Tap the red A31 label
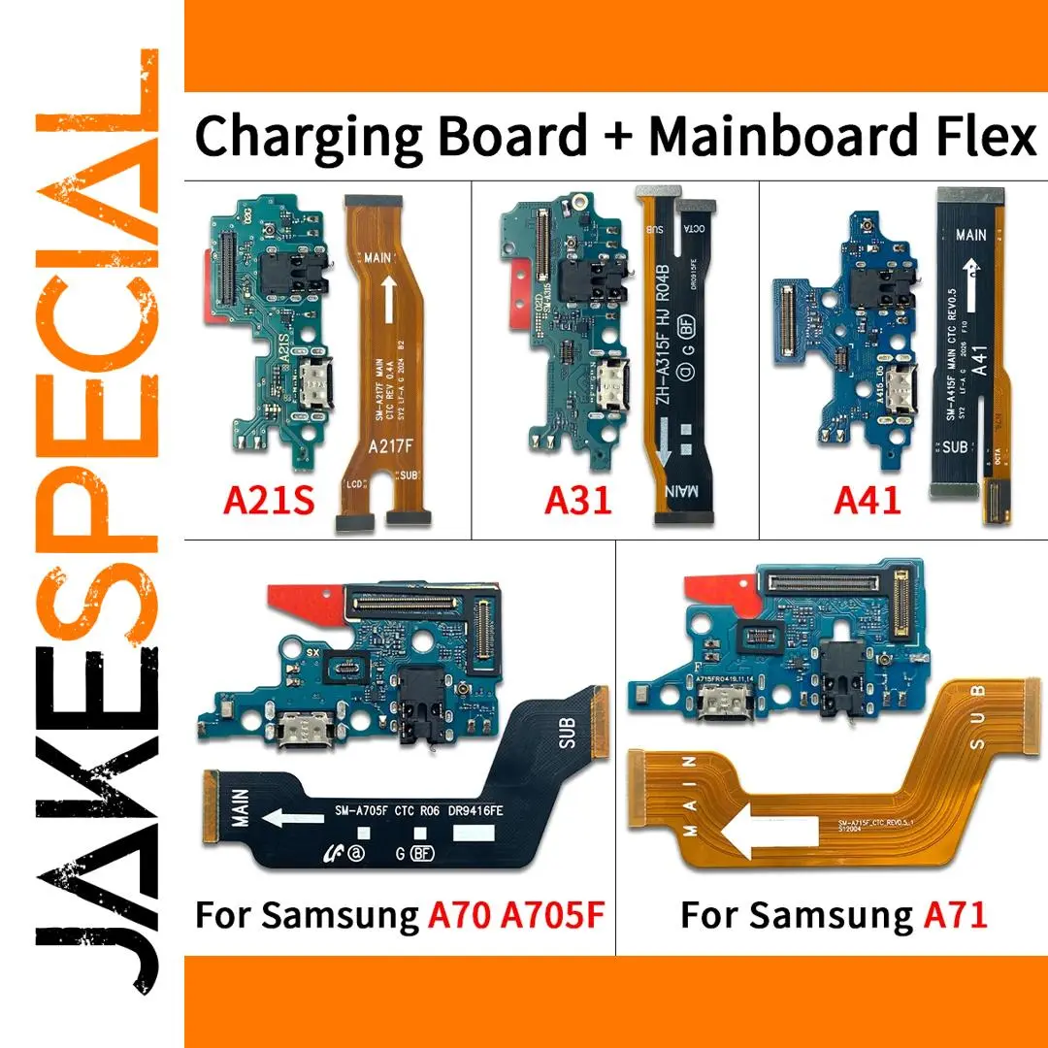click(x=578, y=501)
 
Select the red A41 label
click(x=868, y=501)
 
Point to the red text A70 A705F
click(x=516, y=914)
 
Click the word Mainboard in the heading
click(x=783, y=136)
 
